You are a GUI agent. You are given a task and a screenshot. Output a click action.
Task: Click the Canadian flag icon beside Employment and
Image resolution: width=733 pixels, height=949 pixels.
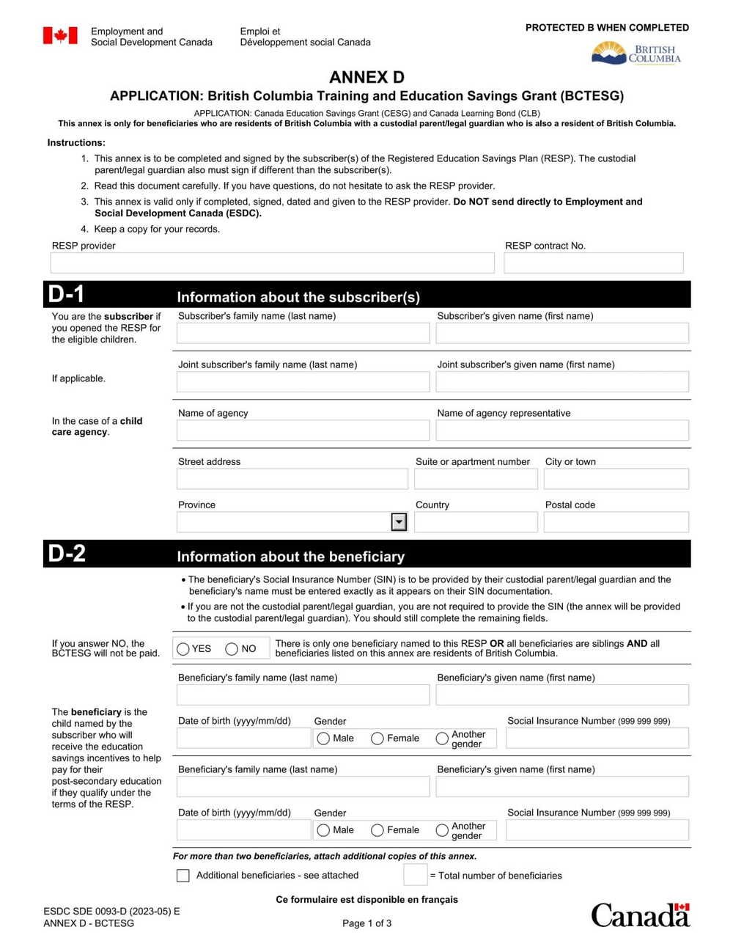pyautogui.click(x=60, y=36)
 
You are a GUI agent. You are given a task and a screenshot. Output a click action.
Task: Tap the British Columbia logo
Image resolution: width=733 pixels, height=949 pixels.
pyautogui.click(x=636, y=53)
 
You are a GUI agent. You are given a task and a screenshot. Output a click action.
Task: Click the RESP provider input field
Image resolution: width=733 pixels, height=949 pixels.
pyautogui.click(x=272, y=263)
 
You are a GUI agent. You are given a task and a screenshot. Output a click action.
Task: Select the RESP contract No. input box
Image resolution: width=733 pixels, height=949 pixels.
pyautogui.click(x=593, y=263)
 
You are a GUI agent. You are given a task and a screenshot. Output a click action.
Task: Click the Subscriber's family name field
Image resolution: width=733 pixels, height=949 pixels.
pyautogui.click(x=303, y=334)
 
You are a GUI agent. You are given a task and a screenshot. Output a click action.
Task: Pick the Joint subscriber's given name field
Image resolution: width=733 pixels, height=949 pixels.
pyautogui.click(x=562, y=382)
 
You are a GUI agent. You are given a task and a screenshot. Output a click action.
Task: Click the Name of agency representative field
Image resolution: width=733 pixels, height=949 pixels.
pyautogui.click(x=562, y=430)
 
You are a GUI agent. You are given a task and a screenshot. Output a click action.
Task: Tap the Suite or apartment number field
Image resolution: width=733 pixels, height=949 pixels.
pyautogui.click(x=476, y=479)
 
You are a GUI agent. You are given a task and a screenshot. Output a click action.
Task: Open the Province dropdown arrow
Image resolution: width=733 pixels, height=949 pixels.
pyautogui.click(x=399, y=522)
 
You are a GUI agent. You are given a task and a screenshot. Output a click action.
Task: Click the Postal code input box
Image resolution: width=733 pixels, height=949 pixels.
pyautogui.click(x=616, y=522)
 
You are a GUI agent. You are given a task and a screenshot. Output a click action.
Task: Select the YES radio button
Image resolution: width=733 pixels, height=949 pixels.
pyautogui.click(x=183, y=649)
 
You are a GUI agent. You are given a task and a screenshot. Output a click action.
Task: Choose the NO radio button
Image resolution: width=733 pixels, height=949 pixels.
pyautogui.click(x=232, y=649)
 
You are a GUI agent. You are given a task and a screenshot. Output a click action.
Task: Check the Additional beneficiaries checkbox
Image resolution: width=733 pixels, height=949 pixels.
pyautogui.click(x=183, y=876)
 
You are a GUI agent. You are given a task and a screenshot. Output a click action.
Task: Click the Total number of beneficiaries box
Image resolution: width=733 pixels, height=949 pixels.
pyautogui.click(x=415, y=875)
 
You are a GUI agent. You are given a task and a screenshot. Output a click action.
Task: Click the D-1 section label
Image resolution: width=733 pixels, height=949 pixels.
pyautogui.click(x=67, y=295)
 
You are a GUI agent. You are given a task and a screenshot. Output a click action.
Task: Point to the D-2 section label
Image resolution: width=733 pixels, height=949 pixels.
pyautogui.click(x=67, y=554)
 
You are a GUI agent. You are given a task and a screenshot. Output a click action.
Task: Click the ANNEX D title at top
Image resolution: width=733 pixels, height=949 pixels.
pyautogui.click(x=366, y=78)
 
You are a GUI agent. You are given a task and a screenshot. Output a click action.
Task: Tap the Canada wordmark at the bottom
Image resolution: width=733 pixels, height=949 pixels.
pyautogui.click(x=640, y=915)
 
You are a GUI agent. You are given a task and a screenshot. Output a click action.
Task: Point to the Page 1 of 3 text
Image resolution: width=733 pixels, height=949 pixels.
pyautogui.click(x=366, y=923)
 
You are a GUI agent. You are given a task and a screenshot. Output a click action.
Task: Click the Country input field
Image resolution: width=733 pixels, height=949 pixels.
pyautogui.click(x=476, y=522)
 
